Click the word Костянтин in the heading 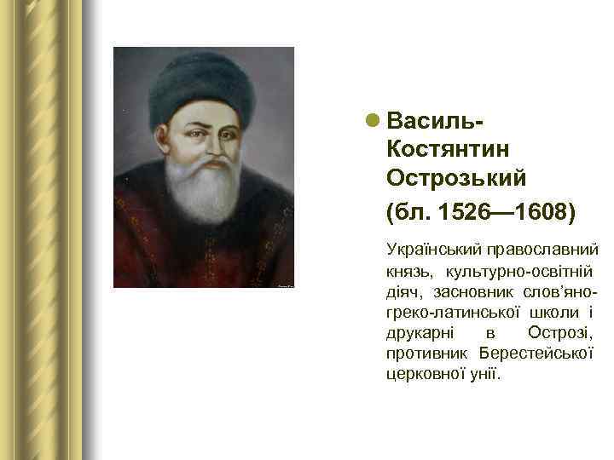click(x=448, y=148)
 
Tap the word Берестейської click(x=536, y=353)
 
